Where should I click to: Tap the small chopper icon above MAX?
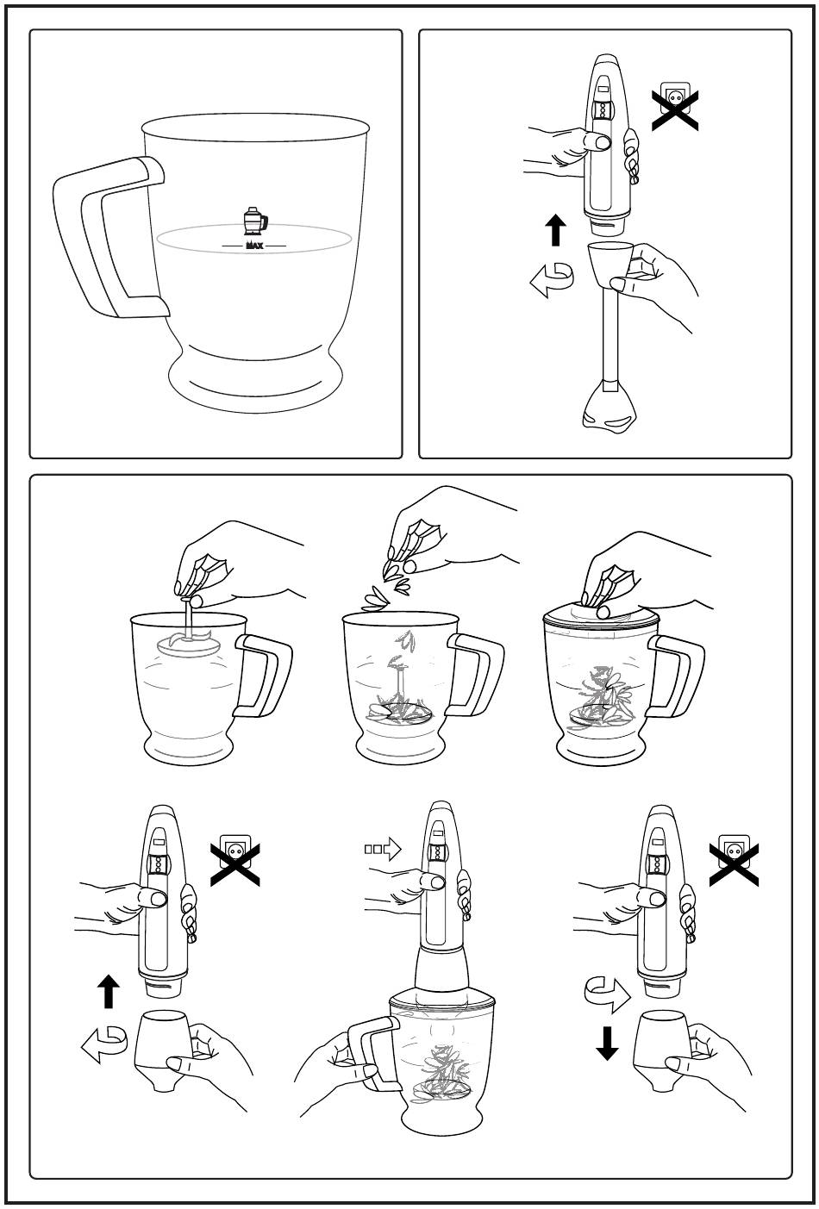(x=253, y=221)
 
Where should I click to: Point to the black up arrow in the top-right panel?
(x=557, y=231)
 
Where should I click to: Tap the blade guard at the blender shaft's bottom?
(x=610, y=408)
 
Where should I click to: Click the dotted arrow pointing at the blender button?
(x=383, y=850)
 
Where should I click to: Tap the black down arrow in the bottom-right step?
(x=608, y=1042)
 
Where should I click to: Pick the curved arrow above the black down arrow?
(x=607, y=994)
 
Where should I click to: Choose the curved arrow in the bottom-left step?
(x=105, y=1044)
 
